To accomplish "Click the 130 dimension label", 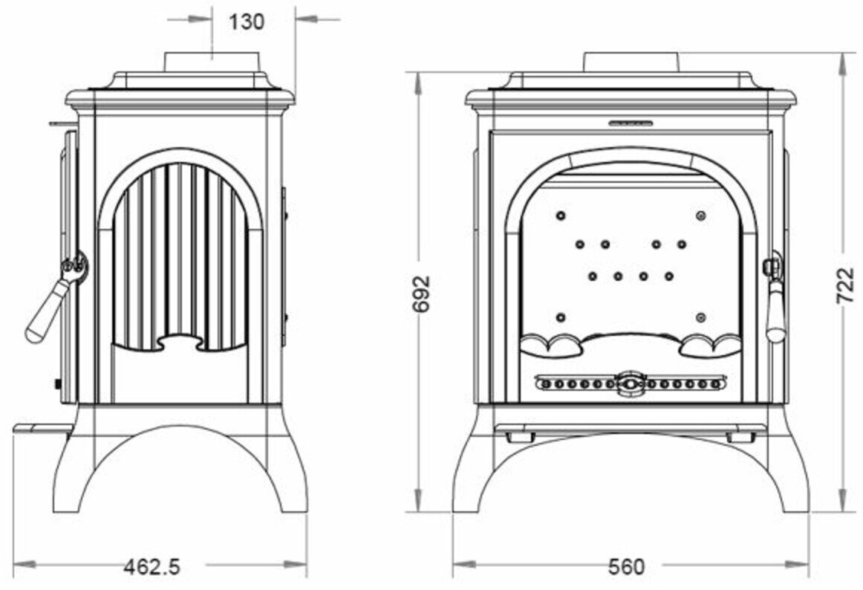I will pos(246,22).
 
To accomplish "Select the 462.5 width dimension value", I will pos(152,567).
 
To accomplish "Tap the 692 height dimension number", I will pos(421,294).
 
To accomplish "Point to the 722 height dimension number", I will pos(846,285).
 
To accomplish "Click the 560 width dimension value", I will pos(626,567).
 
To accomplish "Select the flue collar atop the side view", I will pos(213,62).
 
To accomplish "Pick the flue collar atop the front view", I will pos(631,62).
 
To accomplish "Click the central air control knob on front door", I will pos(631,383).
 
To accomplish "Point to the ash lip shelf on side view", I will pos(43,429).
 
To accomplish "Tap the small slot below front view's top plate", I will pos(631,122).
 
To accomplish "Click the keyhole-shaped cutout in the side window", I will pos(180,343).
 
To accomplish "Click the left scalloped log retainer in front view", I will pos(551,344).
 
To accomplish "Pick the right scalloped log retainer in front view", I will pos(711,344).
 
